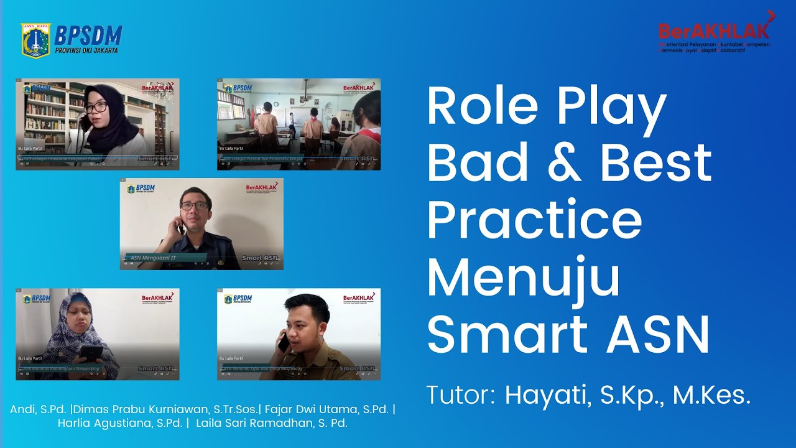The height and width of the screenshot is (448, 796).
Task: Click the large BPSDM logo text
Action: click(88, 35)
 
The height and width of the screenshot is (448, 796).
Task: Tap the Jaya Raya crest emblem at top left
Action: click(35, 41)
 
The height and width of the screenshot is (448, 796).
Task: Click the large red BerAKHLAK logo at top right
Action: click(715, 30)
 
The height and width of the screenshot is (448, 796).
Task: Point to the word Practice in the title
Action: click(534, 220)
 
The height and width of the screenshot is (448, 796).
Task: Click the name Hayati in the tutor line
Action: click(547, 396)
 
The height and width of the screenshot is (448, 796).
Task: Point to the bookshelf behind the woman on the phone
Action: click(45, 115)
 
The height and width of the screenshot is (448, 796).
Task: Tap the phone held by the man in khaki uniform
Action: click(284, 342)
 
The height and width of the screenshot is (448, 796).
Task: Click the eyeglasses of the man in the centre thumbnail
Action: click(195, 206)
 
